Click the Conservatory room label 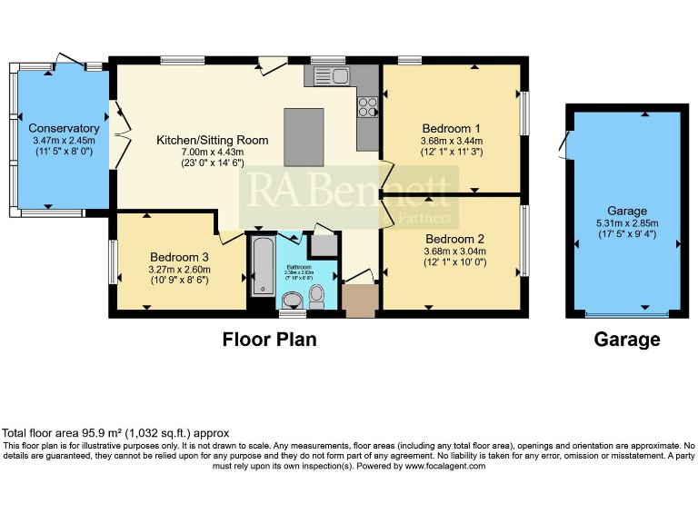pos(64,129)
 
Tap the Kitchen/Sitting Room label pos(213,140)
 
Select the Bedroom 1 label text pos(451,128)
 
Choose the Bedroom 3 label pos(180,256)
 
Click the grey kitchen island pos(304,136)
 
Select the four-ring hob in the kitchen pos(368,107)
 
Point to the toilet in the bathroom pos(317,294)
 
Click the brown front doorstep pos(360,301)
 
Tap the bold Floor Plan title pos(270,340)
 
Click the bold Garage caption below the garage pos(626,340)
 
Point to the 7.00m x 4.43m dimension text pos(213,152)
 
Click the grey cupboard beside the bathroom pos(322,245)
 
